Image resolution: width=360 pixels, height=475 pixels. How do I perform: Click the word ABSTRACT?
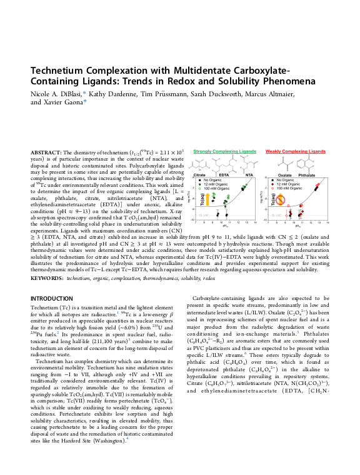coord(44,152)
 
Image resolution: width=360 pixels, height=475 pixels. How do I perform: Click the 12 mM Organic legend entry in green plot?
coord(212,184)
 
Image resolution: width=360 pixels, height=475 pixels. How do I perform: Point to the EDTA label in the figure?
coord(225,176)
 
